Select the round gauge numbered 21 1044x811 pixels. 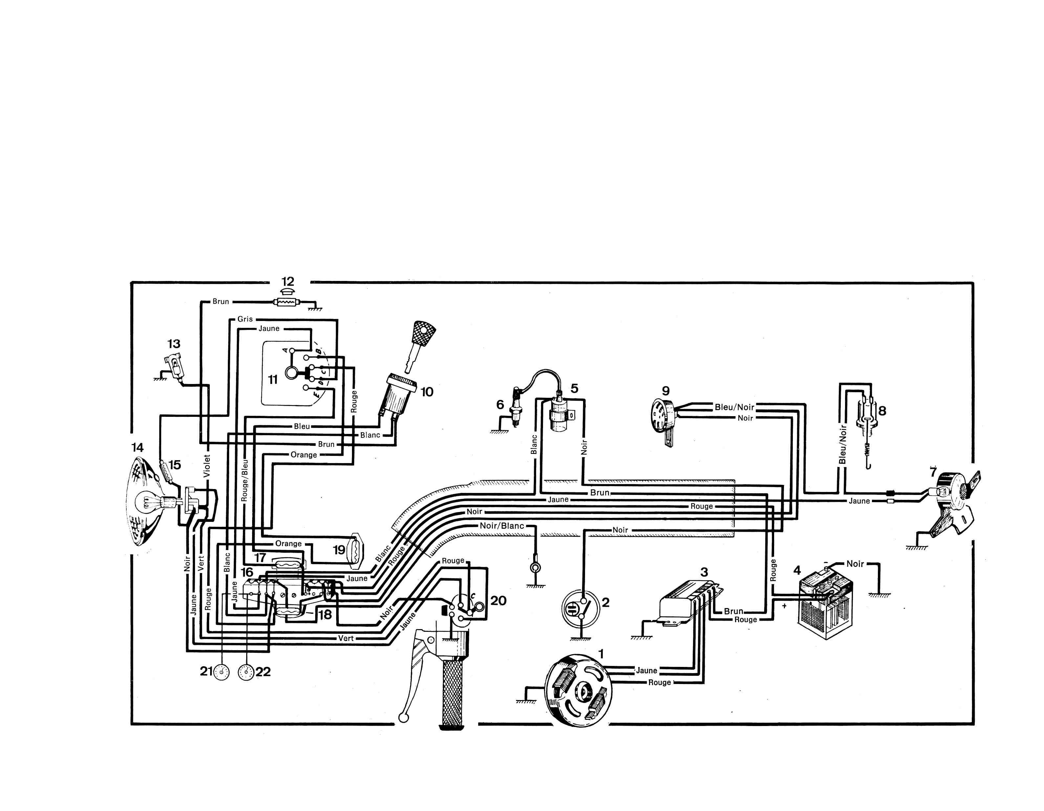(x=221, y=672)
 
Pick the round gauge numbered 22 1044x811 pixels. (x=246, y=672)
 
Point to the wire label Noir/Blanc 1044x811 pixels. (x=502, y=526)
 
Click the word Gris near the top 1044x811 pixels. (x=245, y=319)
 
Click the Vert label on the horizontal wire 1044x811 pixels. (x=346, y=638)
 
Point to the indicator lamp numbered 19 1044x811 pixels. (x=357, y=550)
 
